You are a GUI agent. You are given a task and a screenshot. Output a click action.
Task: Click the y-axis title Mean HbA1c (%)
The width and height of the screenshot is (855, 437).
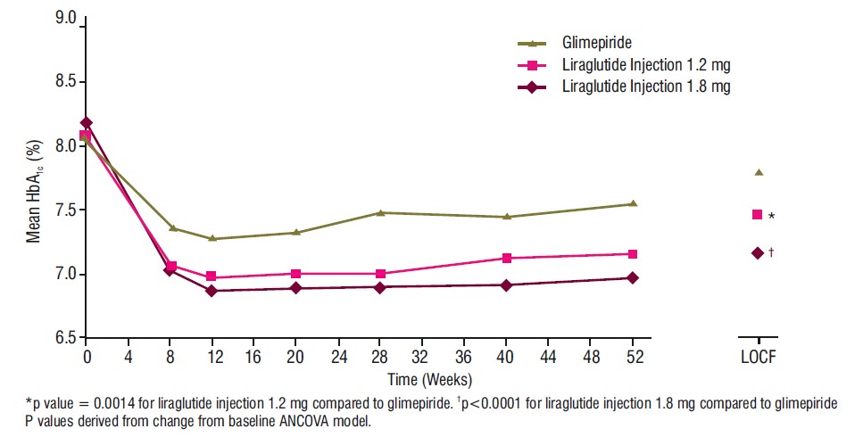(34, 191)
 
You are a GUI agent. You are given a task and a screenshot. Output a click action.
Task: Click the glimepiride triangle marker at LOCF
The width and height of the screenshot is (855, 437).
(758, 173)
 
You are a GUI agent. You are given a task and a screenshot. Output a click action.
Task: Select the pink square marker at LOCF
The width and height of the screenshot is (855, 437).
(758, 215)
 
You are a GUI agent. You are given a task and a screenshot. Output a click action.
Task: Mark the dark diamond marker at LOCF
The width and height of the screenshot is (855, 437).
(758, 253)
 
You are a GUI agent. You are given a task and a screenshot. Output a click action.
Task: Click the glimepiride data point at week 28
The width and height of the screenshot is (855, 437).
(380, 212)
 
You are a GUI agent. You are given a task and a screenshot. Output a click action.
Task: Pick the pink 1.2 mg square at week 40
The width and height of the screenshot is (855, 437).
(507, 259)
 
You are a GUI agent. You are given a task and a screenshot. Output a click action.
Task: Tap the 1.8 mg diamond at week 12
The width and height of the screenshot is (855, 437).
(212, 291)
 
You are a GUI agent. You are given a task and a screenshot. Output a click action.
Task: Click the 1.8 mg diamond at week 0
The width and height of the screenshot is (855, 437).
(86, 123)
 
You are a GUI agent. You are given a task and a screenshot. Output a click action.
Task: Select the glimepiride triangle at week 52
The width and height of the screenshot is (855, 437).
(633, 204)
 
